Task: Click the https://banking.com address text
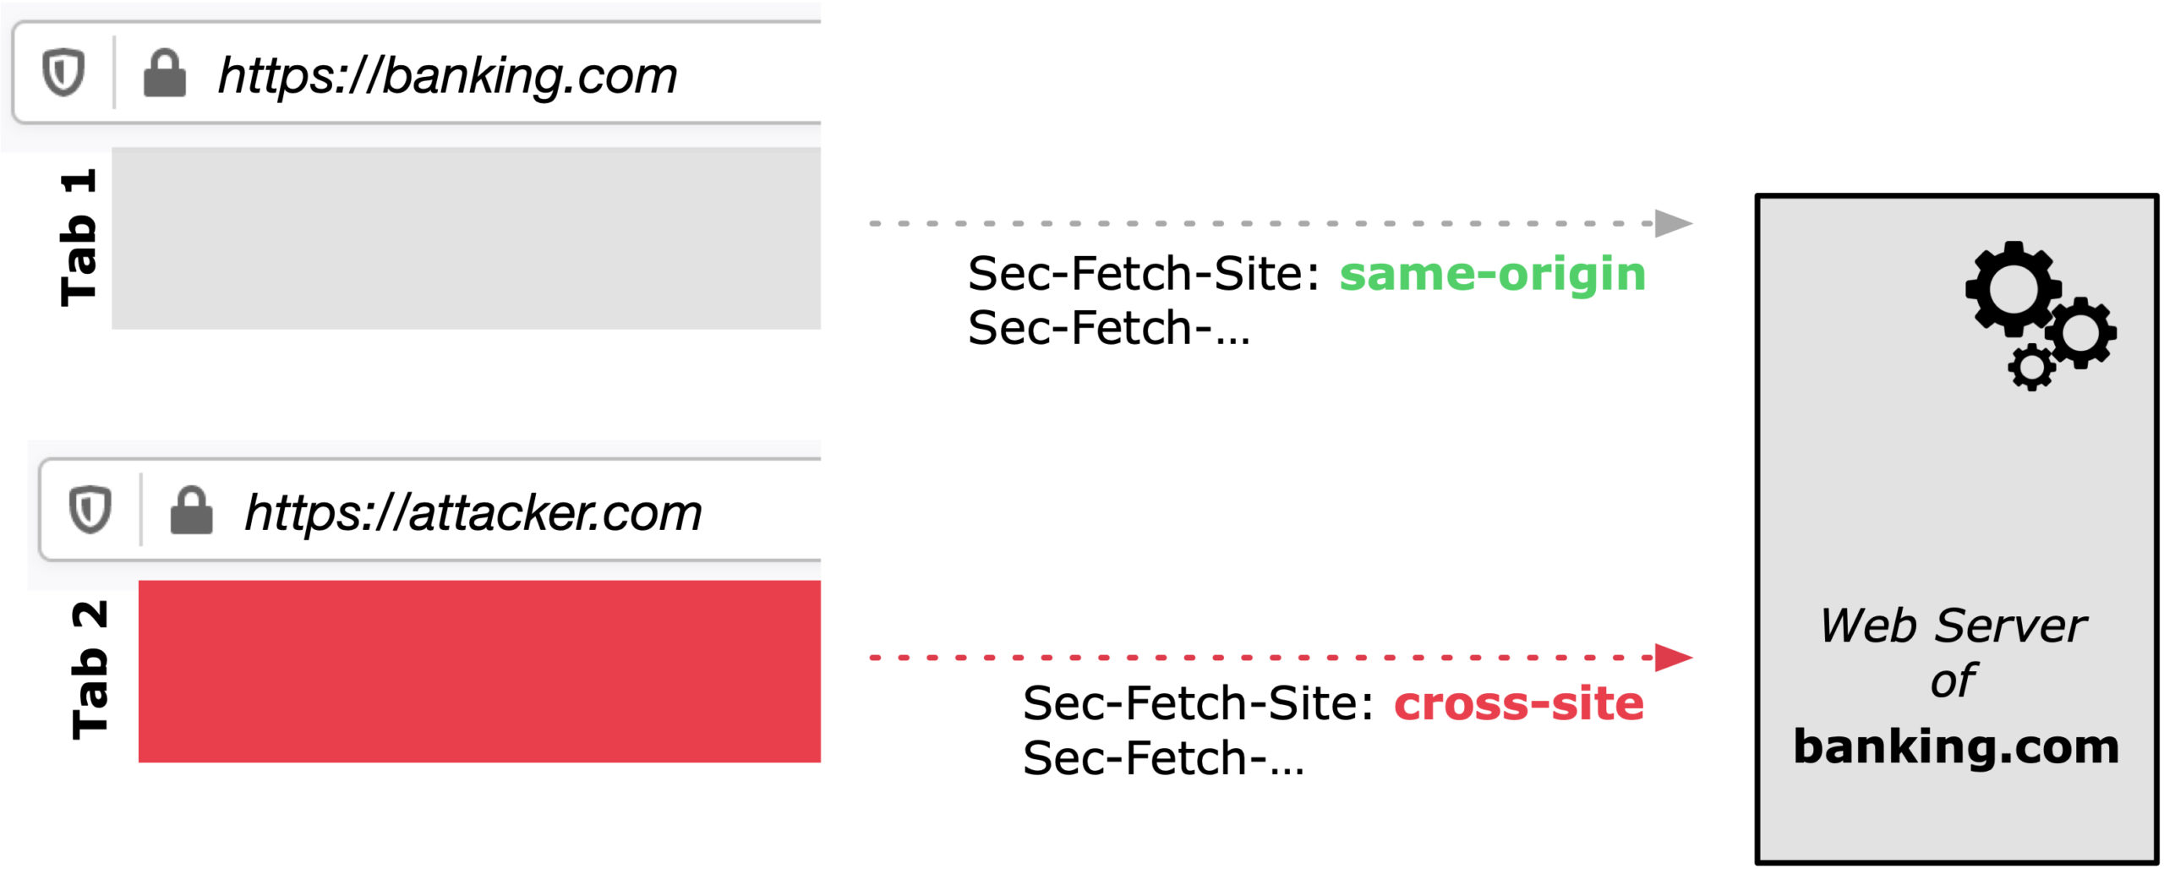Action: click(x=447, y=77)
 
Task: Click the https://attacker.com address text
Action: click(x=473, y=513)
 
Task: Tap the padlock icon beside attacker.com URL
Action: click(x=192, y=510)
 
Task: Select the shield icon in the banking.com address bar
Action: click(x=63, y=73)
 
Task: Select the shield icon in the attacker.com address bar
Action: click(x=90, y=510)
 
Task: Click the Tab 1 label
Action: click(x=79, y=238)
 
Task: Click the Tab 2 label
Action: click(x=90, y=670)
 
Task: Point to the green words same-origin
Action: click(x=1493, y=274)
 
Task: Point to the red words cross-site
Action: click(x=1519, y=703)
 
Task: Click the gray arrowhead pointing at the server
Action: click(x=1674, y=224)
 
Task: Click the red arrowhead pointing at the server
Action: click(x=1674, y=657)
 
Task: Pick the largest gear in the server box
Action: click(x=2014, y=288)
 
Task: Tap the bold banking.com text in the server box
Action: click(x=1956, y=746)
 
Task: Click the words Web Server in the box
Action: click(x=1954, y=626)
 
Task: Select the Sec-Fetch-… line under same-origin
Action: click(x=1109, y=328)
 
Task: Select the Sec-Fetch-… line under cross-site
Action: click(x=1164, y=758)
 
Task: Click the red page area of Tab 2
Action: click(x=479, y=671)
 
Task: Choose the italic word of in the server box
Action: click(x=1954, y=680)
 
